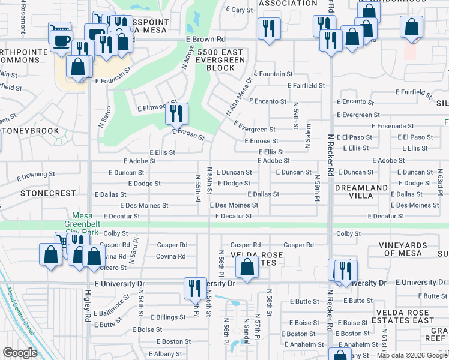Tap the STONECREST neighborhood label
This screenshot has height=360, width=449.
48,194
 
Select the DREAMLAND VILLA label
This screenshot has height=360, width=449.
361,192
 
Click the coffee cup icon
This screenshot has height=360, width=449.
59,40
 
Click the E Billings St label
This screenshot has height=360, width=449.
168,317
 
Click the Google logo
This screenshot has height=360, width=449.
20,353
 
